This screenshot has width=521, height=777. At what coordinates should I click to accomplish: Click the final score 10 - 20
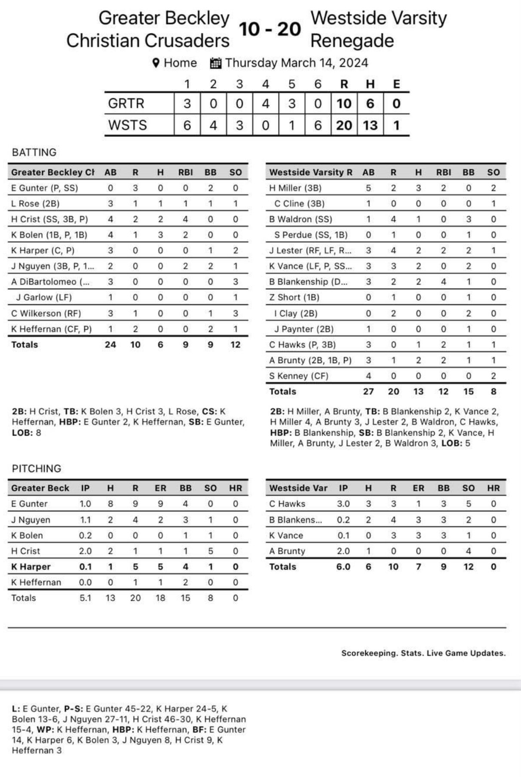[x=270, y=29]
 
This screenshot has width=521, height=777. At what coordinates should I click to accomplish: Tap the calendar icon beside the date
[x=215, y=63]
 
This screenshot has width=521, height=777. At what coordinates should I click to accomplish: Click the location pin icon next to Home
[x=156, y=63]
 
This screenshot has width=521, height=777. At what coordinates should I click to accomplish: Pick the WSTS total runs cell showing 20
[x=344, y=125]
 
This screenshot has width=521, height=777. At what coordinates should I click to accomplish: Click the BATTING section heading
[x=34, y=152]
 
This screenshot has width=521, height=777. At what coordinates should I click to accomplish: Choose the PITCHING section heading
[x=37, y=468]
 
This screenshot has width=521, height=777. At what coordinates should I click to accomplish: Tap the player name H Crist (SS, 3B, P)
[x=49, y=219]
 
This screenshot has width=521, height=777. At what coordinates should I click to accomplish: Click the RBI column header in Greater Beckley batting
[x=185, y=172]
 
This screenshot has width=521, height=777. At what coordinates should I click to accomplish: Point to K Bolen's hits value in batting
[x=160, y=235]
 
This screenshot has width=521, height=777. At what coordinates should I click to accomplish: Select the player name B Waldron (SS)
[x=300, y=219]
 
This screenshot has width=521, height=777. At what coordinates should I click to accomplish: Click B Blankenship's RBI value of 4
[x=443, y=282]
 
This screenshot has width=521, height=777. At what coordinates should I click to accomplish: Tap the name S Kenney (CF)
[x=298, y=376]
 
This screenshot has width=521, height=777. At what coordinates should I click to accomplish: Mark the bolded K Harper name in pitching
[x=31, y=567]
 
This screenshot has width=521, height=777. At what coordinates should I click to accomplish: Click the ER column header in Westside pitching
[x=418, y=488]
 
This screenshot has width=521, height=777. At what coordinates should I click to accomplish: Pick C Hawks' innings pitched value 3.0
[x=343, y=504]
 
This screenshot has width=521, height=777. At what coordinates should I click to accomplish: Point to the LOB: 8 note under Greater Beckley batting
[x=27, y=433]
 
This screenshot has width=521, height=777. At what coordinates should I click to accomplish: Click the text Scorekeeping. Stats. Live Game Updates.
[x=423, y=653]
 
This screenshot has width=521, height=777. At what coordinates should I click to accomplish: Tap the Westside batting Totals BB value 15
[x=468, y=392]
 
